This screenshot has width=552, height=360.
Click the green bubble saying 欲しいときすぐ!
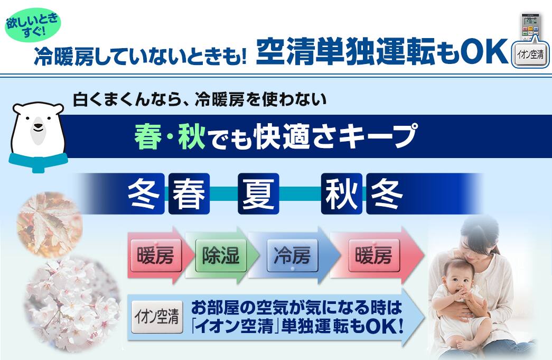pos(32,25)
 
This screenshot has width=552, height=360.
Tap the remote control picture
pos(530,27)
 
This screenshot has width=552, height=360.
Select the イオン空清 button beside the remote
pos(530,54)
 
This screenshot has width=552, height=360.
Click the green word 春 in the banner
pos(148,136)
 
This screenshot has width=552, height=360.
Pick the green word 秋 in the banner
pos(192,136)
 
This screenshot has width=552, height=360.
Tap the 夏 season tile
pos(258,193)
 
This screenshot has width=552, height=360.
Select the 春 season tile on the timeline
pos(189,193)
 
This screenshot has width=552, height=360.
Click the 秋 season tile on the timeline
pos(341,193)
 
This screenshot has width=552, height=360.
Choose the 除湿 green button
pos(221,255)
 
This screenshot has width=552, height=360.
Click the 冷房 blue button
pos(292,255)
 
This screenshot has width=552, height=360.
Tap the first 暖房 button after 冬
pos(156,255)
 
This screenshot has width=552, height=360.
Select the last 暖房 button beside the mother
pos(374,255)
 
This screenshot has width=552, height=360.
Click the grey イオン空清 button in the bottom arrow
pos(157,317)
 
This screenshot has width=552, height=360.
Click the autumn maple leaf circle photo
pos(50,224)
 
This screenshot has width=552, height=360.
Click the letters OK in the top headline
pos(482,52)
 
